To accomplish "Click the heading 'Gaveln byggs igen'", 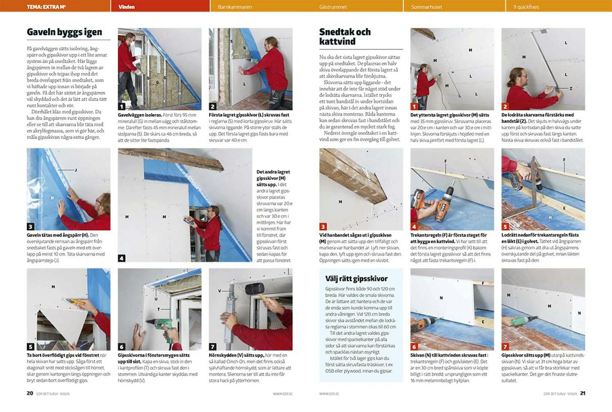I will (64, 32).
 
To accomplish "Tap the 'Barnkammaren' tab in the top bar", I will (235, 7).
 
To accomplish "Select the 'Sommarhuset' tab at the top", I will (426, 7).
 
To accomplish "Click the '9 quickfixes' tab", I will (526, 7).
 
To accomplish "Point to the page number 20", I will (30, 393).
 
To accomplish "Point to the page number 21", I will (583, 393).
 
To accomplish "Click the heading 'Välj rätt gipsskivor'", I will (356, 279).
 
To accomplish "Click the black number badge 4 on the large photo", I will (122, 258).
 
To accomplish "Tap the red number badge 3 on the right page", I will (323, 227).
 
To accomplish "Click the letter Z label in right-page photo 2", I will (570, 88).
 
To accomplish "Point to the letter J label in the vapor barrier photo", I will (75, 170).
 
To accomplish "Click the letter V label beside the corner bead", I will (220, 291).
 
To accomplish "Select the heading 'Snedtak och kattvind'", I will (345, 36).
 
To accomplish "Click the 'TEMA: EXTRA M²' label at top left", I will (46, 7).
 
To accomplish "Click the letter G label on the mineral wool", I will (157, 82).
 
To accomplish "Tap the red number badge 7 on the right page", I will (505, 347).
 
